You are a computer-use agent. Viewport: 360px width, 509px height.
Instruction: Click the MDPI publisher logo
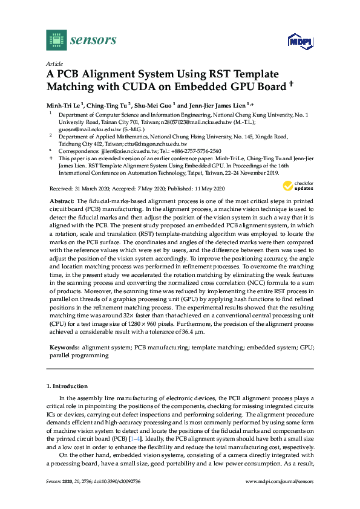click(x=297, y=41)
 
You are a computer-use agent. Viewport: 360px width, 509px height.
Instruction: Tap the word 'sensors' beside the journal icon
click(x=94, y=41)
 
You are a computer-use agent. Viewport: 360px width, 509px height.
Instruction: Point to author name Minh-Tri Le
click(x=65, y=105)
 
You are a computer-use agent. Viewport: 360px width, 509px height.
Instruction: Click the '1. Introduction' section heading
click(x=68, y=386)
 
